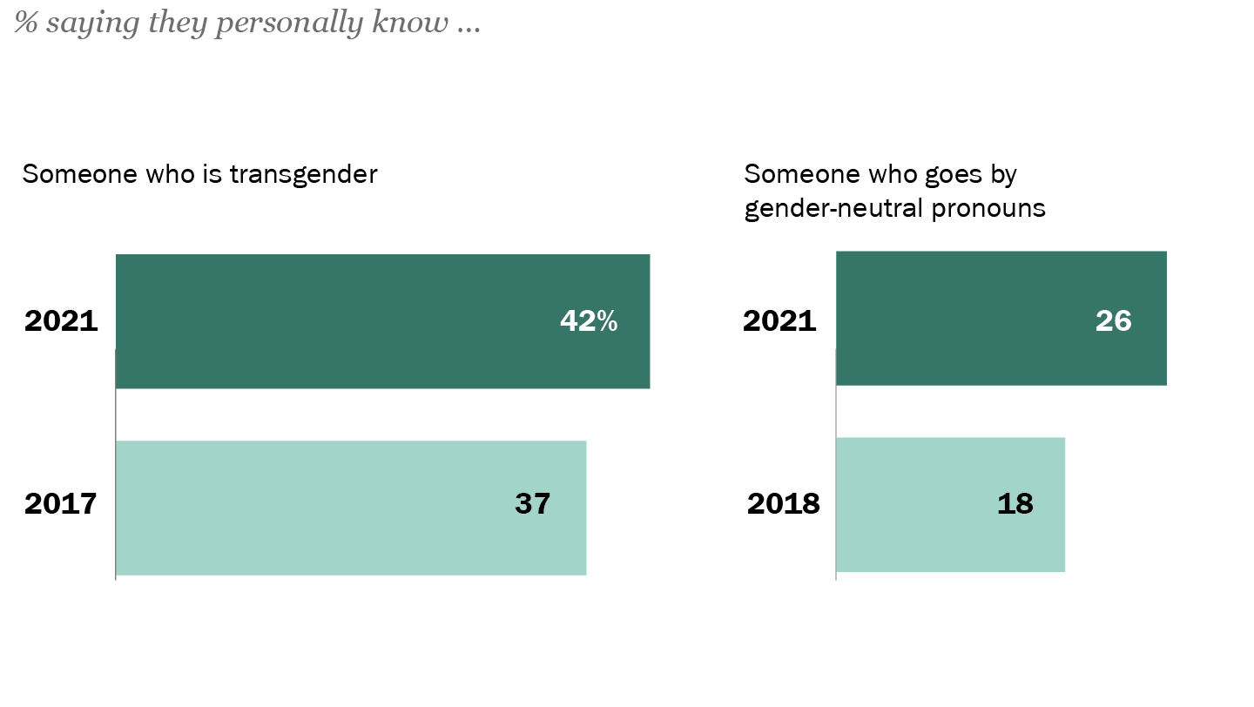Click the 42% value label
[588, 321]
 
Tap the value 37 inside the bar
[532, 504]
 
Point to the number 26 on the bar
[1113, 321]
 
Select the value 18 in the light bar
[1015, 504]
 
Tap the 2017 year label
[60, 504]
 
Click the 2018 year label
[783, 504]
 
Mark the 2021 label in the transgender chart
[60, 321]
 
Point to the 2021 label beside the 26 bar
[779, 321]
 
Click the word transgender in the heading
[303, 174]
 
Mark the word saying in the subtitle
[83, 24]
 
